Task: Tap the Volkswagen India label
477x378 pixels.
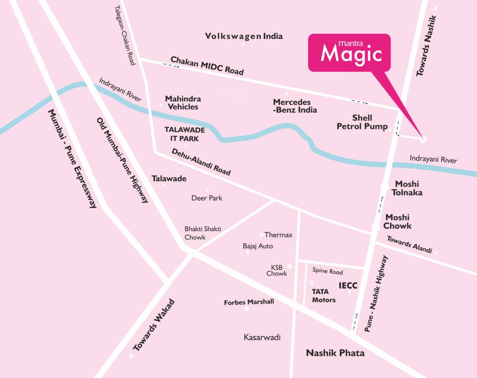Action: [x=244, y=36]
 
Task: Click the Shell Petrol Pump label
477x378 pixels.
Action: [x=362, y=122]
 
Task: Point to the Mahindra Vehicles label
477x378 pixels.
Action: [x=182, y=102]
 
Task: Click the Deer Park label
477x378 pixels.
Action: [x=207, y=198]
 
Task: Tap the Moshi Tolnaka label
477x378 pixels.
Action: [x=407, y=188]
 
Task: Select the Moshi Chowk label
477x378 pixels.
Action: [x=397, y=221]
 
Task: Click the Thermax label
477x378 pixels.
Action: [x=278, y=235]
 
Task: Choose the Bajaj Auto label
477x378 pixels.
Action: [x=258, y=246]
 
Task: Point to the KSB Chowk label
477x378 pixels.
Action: [x=276, y=270]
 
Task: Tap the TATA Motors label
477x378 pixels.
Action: [x=324, y=295]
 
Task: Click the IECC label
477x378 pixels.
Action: [x=348, y=285]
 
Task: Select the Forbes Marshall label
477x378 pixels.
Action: [x=249, y=302]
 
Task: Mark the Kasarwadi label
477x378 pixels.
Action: [x=262, y=337]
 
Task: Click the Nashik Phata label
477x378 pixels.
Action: [x=335, y=353]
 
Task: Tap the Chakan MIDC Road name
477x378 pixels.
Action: [x=207, y=65]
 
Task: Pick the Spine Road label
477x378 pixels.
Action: [x=328, y=271]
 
